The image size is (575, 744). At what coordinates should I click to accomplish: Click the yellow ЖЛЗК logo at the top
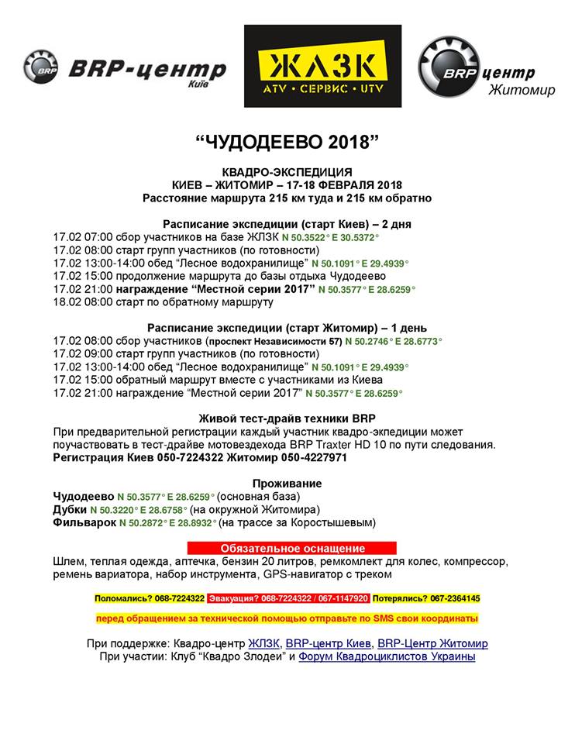(323, 66)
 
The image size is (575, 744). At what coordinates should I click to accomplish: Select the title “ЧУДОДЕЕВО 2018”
(287, 143)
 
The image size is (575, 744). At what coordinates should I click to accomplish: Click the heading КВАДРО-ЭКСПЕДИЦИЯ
(287, 172)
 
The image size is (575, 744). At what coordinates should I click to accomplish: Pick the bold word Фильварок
(84, 523)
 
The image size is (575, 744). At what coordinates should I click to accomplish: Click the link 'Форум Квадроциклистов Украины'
(387, 657)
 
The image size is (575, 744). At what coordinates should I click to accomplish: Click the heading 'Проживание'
(287, 484)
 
